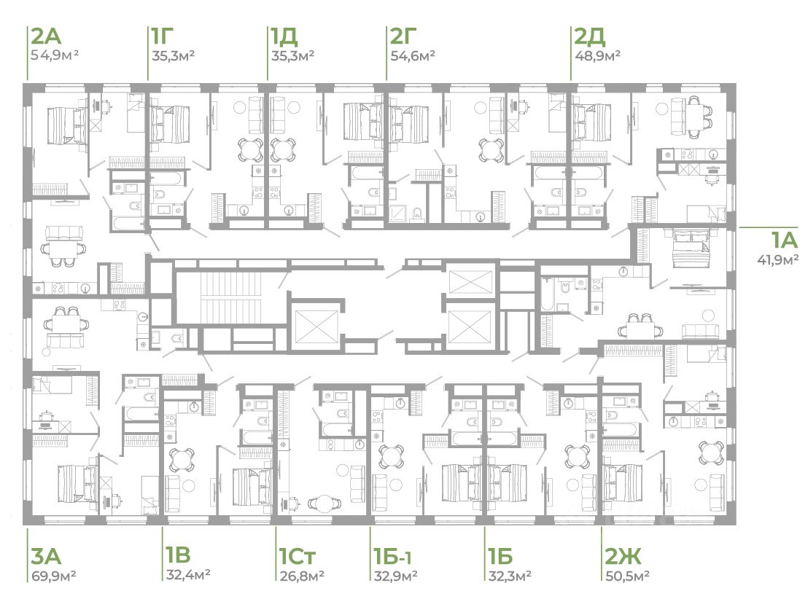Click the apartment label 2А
[x=47, y=36]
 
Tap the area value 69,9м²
[x=53, y=575]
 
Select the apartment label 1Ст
[x=297, y=556]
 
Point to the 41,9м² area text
[x=777, y=259]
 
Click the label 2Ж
[x=623, y=556]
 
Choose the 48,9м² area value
[x=597, y=55]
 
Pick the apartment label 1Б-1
[x=392, y=556]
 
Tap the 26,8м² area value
[x=302, y=575]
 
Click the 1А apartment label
[x=784, y=240]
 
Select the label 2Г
[x=403, y=36]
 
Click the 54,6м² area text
[x=413, y=55]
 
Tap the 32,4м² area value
[x=187, y=573]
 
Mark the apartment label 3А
[x=47, y=556]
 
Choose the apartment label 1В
[x=178, y=555]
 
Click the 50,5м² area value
[x=627, y=575]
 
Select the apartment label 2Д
[x=589, y=36]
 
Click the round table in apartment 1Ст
[x=325, y=504]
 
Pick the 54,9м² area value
[x=54, y=55]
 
